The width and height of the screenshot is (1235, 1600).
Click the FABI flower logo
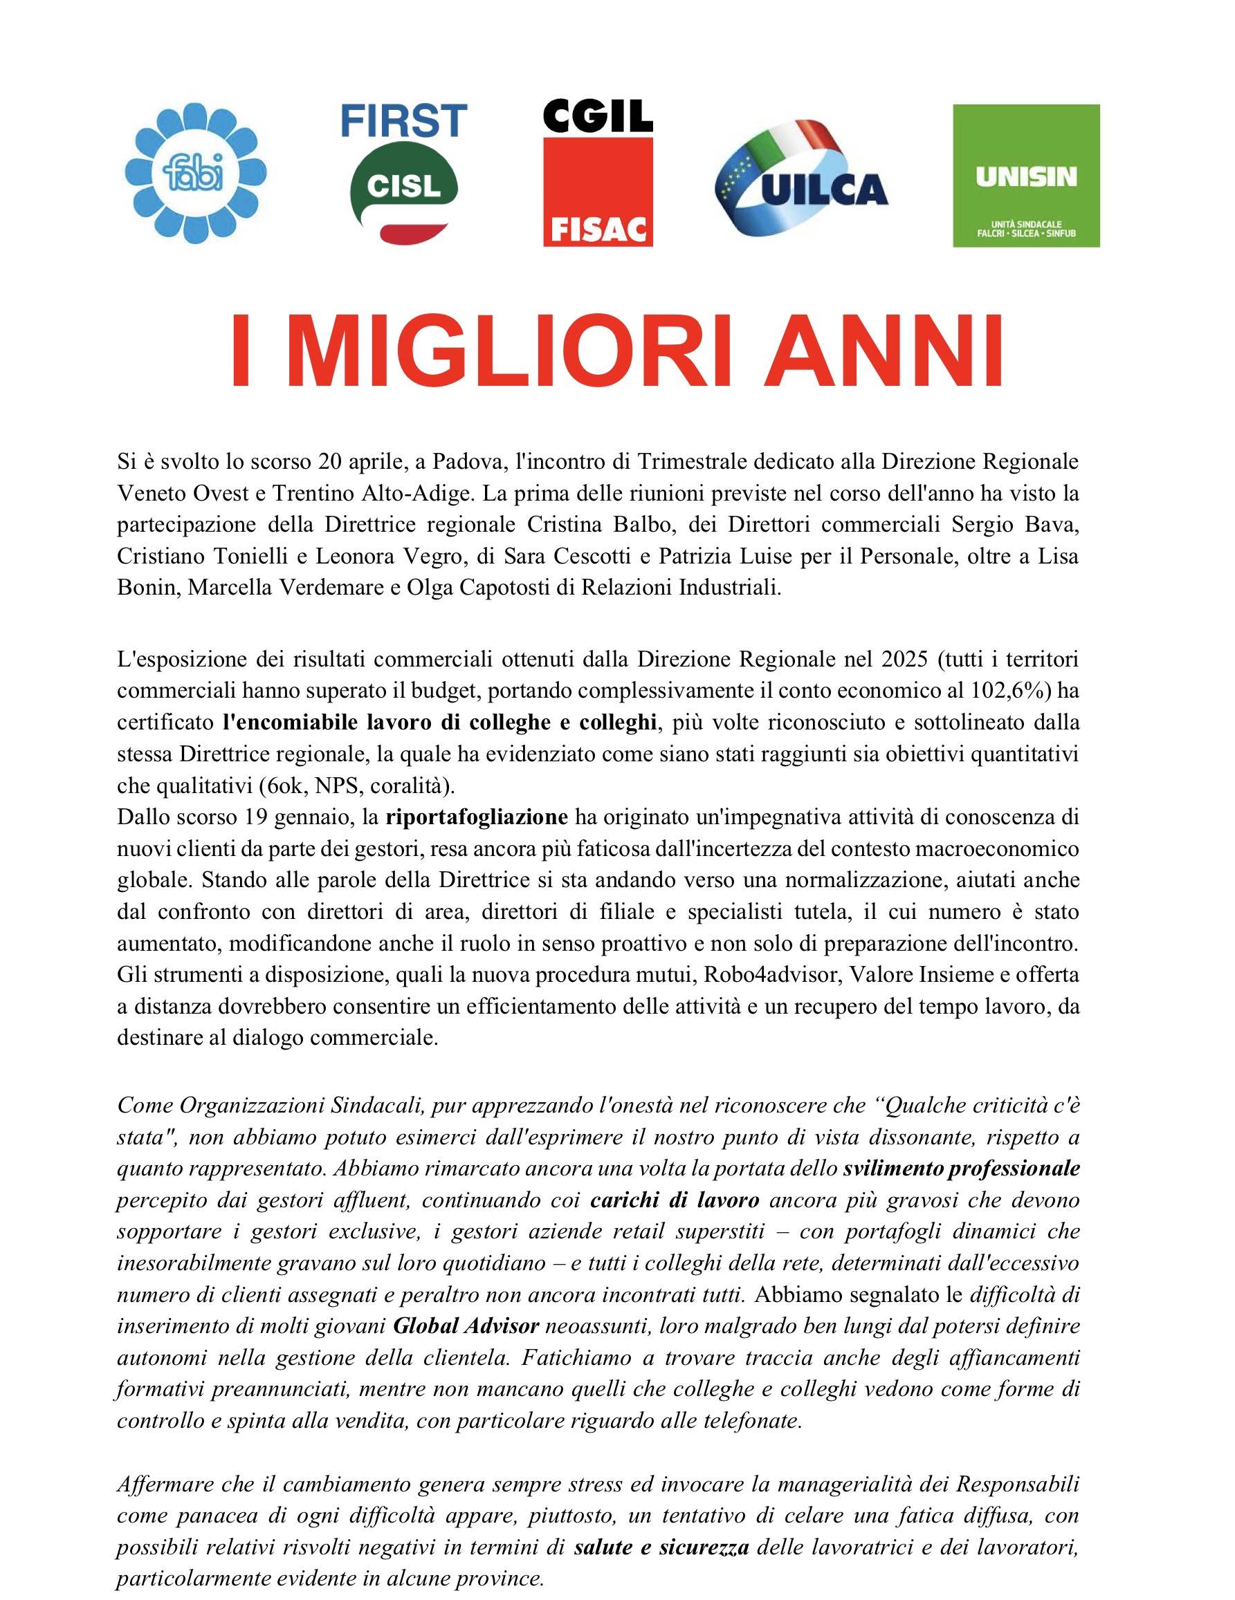click(x=195, y=174)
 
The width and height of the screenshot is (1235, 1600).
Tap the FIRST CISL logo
click(x=404, y=174)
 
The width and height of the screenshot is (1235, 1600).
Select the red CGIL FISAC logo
click(x=597, y=174)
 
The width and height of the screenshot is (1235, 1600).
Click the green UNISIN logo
click(x=1025, y=176)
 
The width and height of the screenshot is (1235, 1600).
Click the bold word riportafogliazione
click(x=477, y=816)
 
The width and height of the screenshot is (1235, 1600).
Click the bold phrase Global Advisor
click(x=466, y=1326)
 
